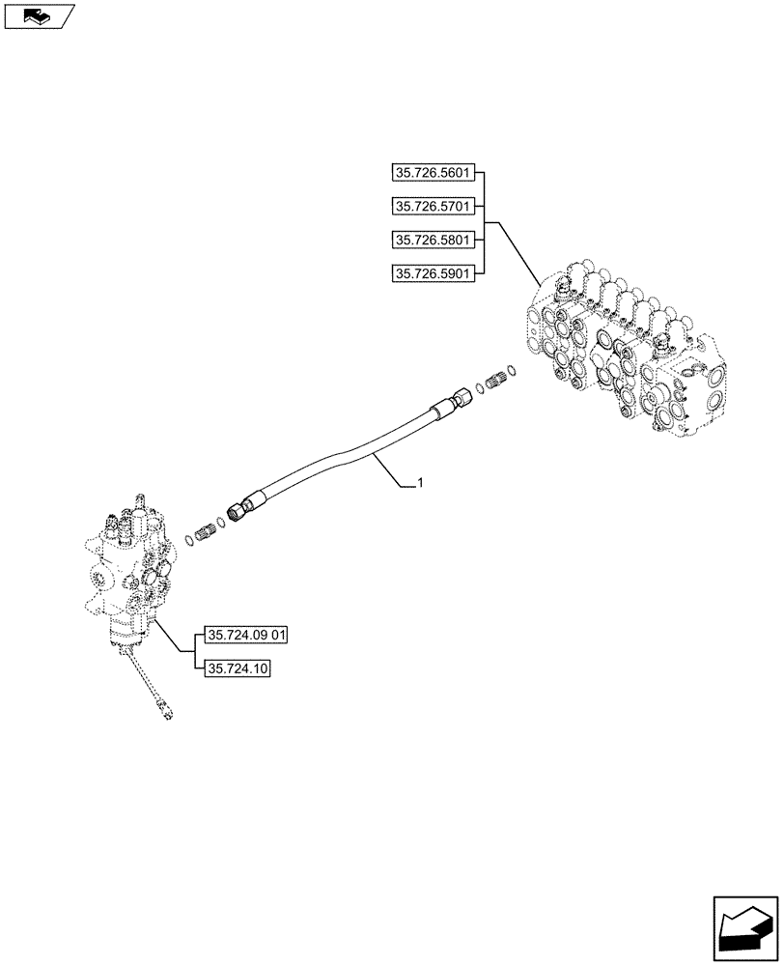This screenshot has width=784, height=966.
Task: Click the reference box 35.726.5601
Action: (x=433, y=174)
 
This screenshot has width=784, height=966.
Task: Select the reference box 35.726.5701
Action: (x=433, y=207)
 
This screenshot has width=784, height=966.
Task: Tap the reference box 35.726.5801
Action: (x=433, y=240)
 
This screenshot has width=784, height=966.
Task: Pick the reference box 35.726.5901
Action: (x=433, y=273)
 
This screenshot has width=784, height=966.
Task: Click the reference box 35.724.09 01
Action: (x=247, y=636)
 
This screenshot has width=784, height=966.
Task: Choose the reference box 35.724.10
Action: (x=237, y=668)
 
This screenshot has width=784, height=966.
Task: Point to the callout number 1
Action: (x=418, y=482)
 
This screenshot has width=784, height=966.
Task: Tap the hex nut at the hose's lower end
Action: (x=236, y=512)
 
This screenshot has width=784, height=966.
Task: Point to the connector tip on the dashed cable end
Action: (x=170, y=715)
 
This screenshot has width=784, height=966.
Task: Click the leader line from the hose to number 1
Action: (x=391, y=468)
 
